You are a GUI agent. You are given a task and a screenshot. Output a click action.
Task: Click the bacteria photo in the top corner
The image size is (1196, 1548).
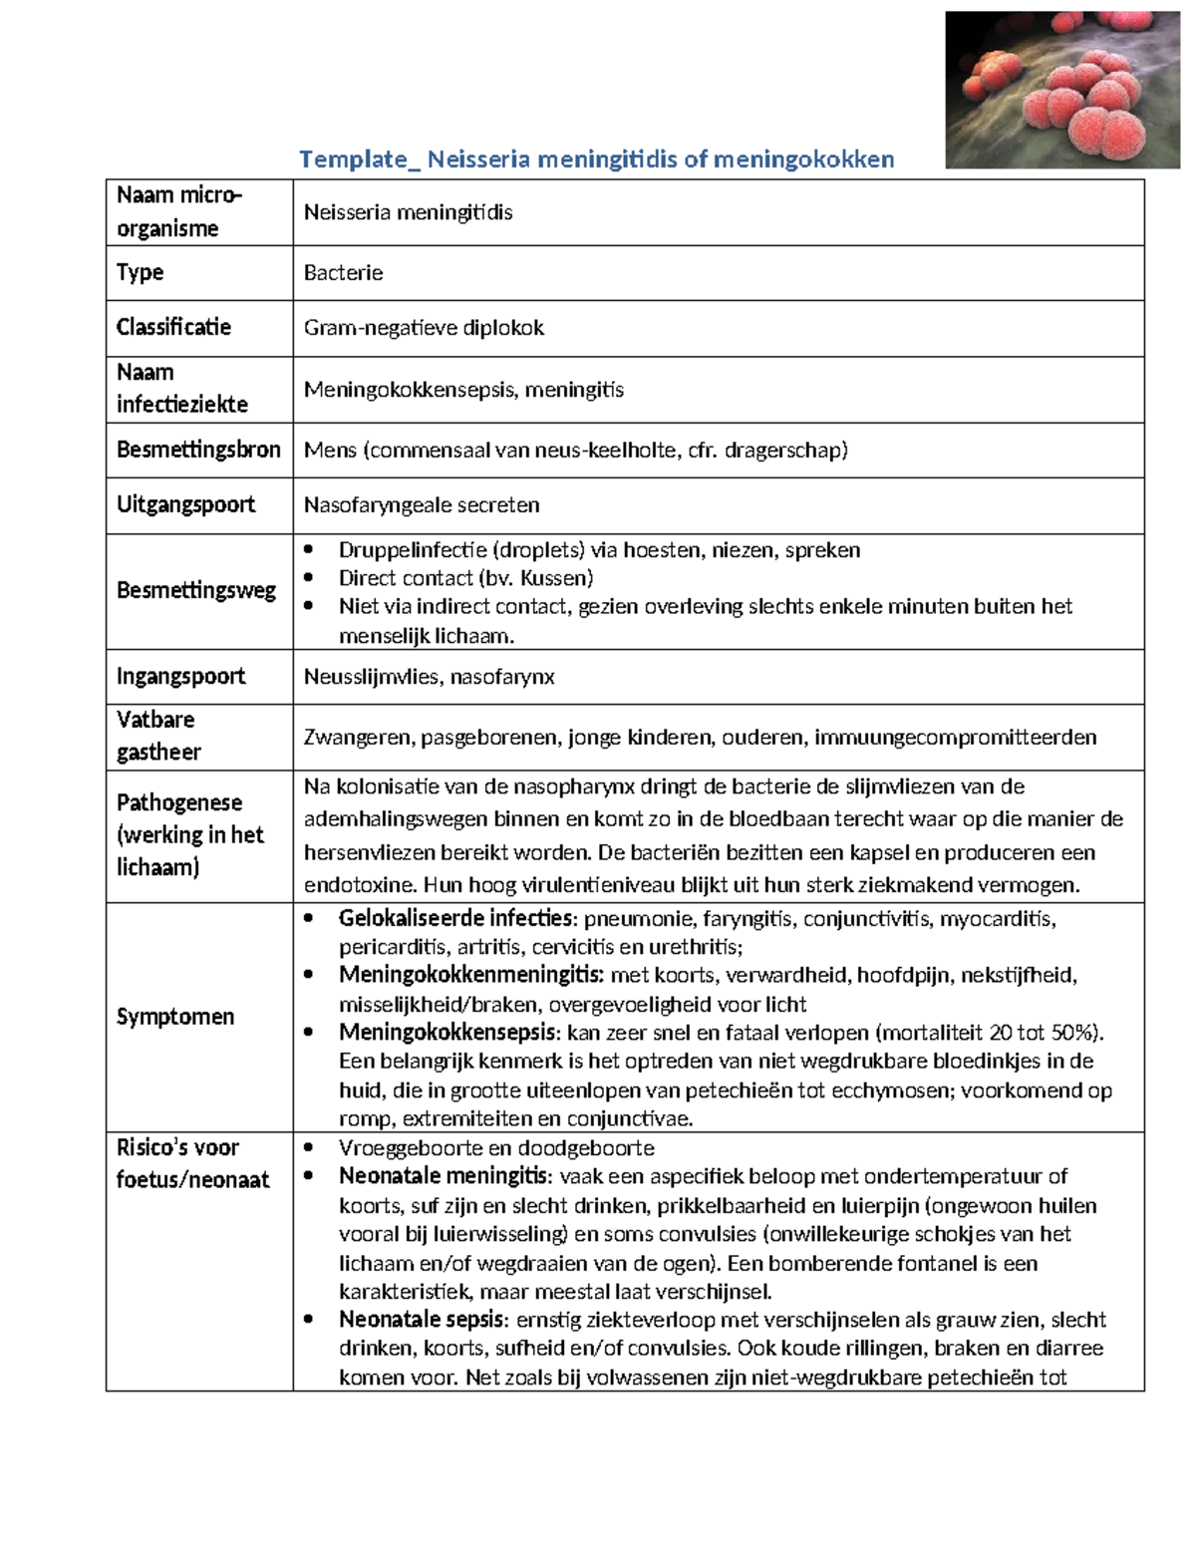(1061, 90)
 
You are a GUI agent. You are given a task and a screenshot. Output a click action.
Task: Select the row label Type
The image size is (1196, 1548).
(140, 272)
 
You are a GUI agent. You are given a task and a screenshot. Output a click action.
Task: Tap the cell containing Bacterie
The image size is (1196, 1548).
(343, 273)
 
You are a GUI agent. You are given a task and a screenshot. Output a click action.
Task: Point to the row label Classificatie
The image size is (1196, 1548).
(173, 327)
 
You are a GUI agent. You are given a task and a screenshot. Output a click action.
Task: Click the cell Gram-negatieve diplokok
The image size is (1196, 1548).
(424, 328)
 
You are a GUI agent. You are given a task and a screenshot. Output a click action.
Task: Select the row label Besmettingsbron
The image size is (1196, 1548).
(198, 450)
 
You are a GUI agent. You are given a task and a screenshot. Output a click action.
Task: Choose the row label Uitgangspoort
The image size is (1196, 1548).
(185, 504)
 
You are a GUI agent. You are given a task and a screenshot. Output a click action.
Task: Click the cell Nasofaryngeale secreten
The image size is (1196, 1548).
(422, 505)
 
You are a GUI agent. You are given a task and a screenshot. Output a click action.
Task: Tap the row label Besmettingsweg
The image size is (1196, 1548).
(196, 590)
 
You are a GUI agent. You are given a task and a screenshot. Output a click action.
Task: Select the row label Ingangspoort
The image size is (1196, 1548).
(180, 676)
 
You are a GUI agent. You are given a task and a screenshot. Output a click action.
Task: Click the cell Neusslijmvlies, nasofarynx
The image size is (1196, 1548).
(429, 677)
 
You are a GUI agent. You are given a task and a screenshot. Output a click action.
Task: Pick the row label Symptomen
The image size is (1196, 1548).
(175, 1017)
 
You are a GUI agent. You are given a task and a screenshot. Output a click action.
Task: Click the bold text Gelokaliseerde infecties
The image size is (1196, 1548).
(456, 918)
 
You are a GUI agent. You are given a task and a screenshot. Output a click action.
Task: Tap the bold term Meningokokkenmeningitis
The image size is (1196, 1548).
(470, 975)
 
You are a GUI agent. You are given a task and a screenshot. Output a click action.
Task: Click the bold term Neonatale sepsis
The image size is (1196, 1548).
(423, 1320)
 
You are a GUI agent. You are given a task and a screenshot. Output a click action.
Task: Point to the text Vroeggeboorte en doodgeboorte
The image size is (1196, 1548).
(496, 1147)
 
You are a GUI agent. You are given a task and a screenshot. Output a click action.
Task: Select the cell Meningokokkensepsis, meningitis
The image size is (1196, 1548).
(463, 390)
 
